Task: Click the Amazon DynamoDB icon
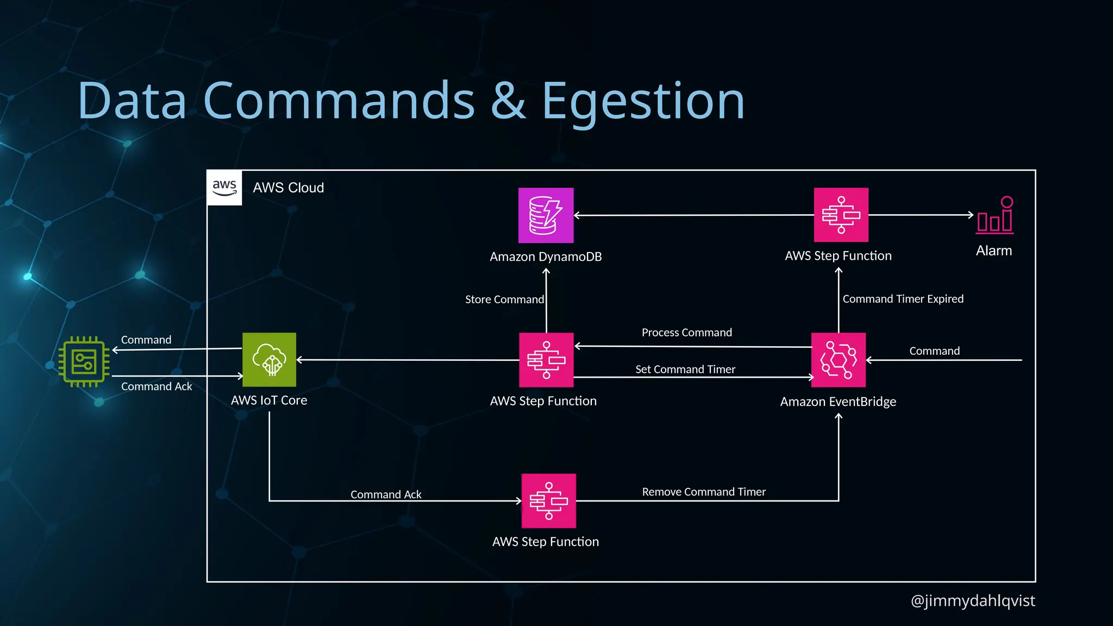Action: [546, 215]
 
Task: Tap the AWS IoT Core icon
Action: [269, 360]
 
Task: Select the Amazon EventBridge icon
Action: [838, 360]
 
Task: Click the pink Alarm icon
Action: [995, 216]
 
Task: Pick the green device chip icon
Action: [84, 362]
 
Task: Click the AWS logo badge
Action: [224, 187]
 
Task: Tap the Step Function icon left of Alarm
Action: [841, 215]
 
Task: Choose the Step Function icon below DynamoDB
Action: [546, 360]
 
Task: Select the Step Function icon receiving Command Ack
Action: [548, 500]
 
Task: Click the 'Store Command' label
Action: [504, 299]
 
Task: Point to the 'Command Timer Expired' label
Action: [903, 299]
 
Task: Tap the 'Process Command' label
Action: [686, 333]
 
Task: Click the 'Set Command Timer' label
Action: [685, 370]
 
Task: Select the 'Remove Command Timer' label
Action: [704, 492]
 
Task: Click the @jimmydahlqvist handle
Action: [972, 600]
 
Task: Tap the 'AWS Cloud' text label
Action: [288, 187]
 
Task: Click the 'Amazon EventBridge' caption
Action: [838, 402]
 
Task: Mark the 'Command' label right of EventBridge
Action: [934, 351]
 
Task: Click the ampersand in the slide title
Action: [508, 101]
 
